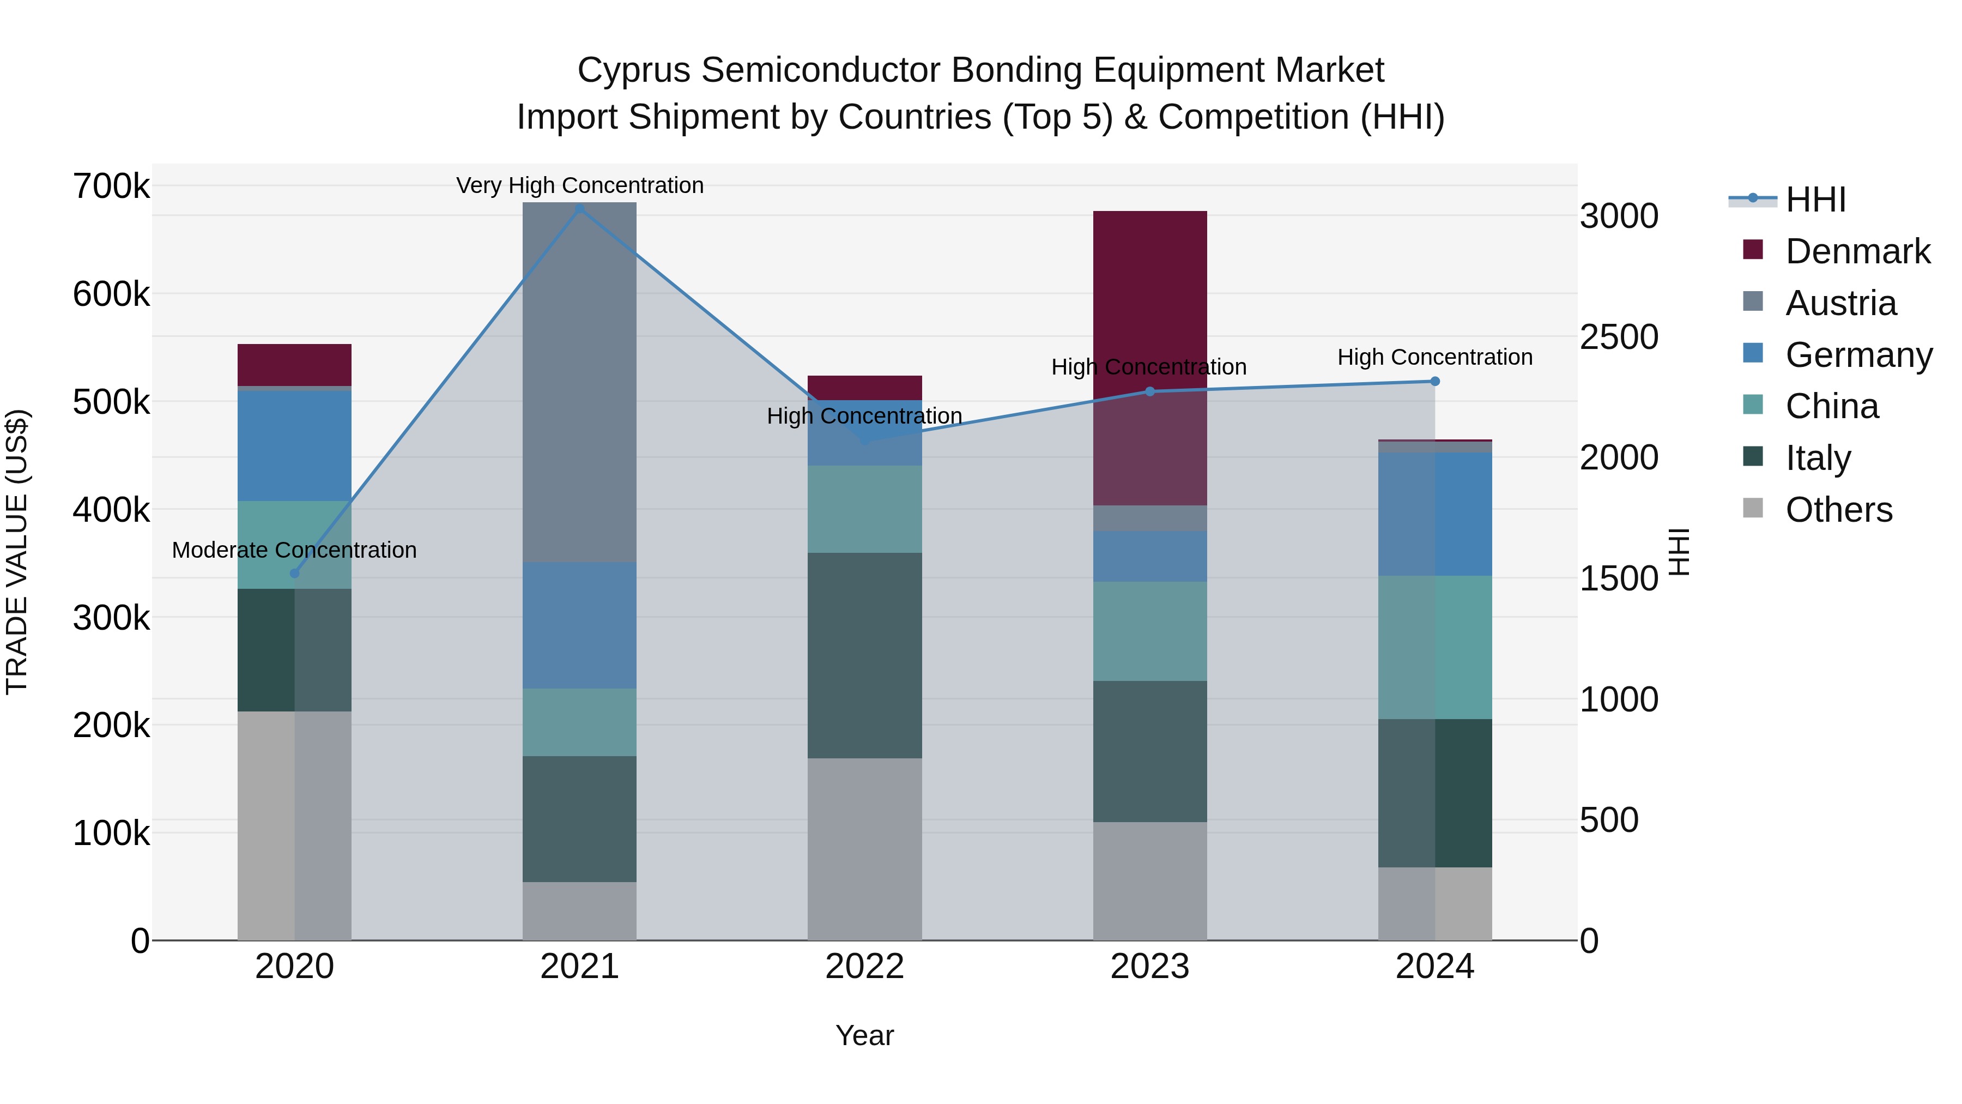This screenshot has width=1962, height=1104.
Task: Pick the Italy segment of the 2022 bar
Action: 864,655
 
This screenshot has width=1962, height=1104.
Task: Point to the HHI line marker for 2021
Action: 580,209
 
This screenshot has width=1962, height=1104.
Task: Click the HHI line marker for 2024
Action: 1435,381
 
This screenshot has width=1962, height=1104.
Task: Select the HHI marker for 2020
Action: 295,573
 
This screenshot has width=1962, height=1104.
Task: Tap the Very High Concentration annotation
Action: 580,185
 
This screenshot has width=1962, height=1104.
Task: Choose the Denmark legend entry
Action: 1857,251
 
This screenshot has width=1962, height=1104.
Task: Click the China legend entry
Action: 1831,406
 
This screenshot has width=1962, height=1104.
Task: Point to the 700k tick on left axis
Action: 111,186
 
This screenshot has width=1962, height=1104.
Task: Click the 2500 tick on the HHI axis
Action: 1619,337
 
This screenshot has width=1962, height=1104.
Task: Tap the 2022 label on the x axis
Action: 864,967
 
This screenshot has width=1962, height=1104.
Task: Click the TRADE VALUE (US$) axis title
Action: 17,552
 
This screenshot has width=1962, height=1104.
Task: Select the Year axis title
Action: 864,1035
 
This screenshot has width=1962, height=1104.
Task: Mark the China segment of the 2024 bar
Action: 1435,648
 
